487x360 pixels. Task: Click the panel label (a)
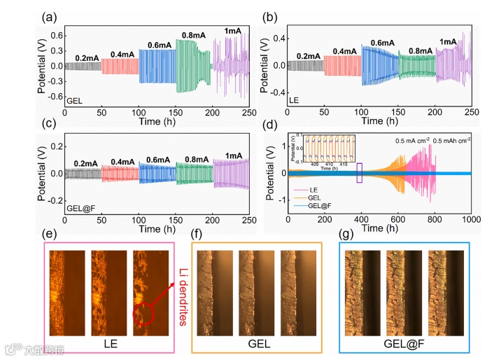pyautogui.click(x=52, y=15)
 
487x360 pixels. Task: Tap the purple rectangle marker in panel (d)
pyautogui.click(x=360, y=173)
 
